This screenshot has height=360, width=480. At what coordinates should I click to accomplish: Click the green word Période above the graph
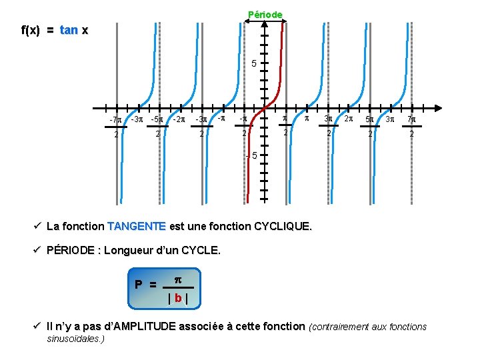pos(265,14)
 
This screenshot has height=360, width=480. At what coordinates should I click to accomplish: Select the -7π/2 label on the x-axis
pos(115,127)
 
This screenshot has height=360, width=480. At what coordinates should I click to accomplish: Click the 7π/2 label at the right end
pos(411,127)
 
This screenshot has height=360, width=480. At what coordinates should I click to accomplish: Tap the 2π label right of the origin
pos(348,119)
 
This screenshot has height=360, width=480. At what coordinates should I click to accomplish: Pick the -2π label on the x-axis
pos(179,120)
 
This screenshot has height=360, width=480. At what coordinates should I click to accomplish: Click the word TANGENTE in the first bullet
pos(137,226)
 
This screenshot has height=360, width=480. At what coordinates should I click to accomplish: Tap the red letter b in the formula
pos(177,297)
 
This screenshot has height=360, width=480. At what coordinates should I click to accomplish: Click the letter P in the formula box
pos(139,284)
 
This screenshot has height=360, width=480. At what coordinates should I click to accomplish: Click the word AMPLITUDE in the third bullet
pos(140,326)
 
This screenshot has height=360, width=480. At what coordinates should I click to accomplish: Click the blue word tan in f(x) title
pos(69,31)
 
